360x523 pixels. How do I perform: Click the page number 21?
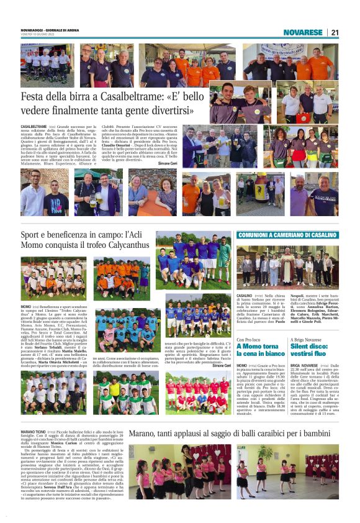click(x=335, y=32)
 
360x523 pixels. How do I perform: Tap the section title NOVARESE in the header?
click(x=303, y=32)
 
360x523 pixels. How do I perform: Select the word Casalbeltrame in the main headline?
click(x=118, y=98)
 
